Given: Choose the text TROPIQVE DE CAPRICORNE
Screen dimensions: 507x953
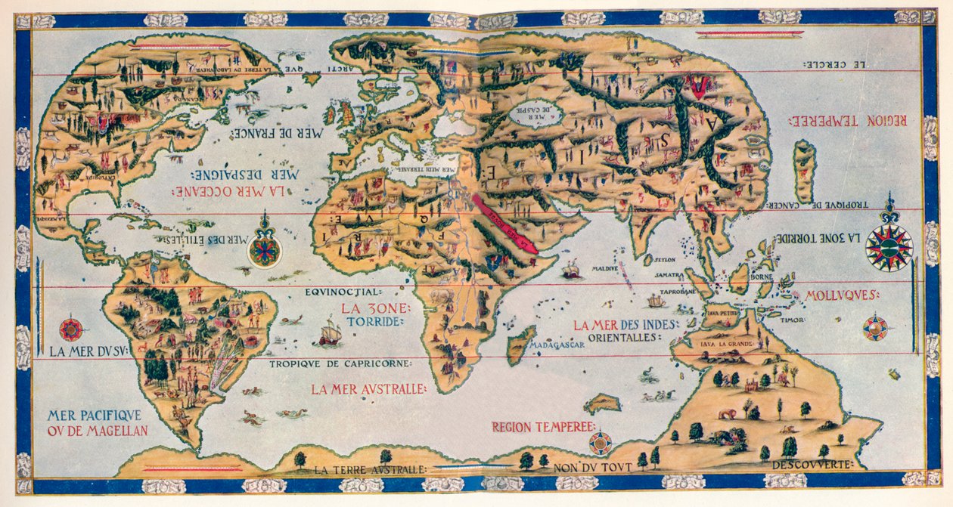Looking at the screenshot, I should click(x=340, y=363).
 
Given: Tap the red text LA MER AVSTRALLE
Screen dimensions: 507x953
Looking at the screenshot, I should click(x=368, y=389).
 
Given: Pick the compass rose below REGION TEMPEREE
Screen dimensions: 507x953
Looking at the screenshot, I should click(x=601, y=443).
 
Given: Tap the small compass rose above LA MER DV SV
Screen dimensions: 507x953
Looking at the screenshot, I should click(x=71, y=329).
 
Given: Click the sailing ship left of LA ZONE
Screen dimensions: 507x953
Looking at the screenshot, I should click(x=330, y=332).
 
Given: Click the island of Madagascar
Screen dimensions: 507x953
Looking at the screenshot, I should click(x=521, y=345).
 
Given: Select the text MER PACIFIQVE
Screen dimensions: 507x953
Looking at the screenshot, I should click(x=93, y=415).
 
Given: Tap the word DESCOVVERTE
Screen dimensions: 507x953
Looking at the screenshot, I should click(x=820, y=464).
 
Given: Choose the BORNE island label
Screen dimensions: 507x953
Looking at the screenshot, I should click(x=759, y=277).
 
